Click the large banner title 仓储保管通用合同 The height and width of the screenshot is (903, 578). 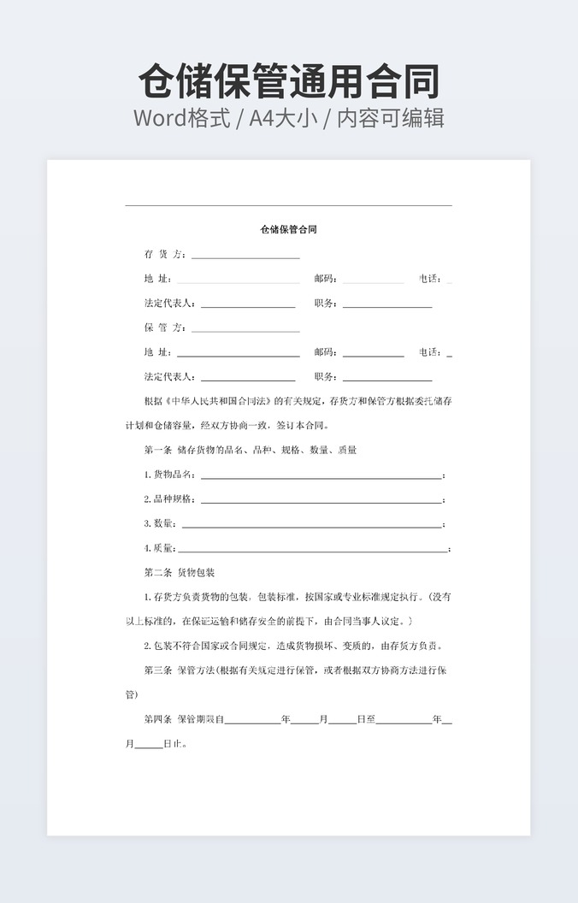289,82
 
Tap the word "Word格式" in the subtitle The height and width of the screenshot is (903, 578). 182,118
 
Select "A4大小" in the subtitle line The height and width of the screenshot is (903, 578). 282,118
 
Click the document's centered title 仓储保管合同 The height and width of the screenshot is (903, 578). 289,229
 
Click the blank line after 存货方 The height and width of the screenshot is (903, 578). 245,256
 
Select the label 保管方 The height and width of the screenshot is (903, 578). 164,328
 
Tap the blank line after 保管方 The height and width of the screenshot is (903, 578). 245,329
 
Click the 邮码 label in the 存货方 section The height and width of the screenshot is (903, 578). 325,279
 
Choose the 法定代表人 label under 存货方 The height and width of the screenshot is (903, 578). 169,304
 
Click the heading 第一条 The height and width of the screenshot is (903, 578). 158,450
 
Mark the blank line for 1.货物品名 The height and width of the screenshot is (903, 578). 321,476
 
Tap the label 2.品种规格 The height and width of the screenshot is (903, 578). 169,499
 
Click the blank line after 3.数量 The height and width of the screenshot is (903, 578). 312,526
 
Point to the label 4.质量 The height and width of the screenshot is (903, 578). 159,548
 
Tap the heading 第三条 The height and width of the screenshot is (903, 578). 158,670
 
